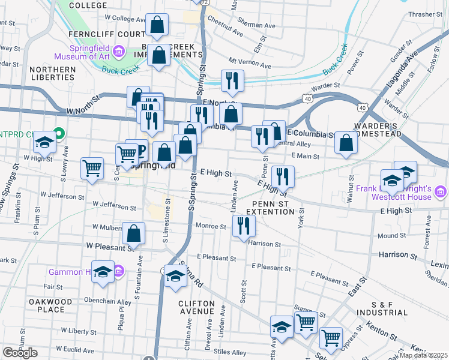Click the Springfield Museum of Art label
click(80, 52)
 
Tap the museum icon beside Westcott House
click(441, 192)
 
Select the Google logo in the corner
click(19, 353)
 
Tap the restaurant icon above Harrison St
click(243, 226)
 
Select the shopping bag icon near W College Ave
click(157, 25)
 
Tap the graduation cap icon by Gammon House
click(103, 271)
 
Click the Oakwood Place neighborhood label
click(51, 305)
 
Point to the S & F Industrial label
click(381, 308)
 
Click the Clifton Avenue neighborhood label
click(197, 307)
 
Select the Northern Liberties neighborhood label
click(53, 74)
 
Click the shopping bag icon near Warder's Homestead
click(346, 142)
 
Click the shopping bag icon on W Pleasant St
click(134, 233)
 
